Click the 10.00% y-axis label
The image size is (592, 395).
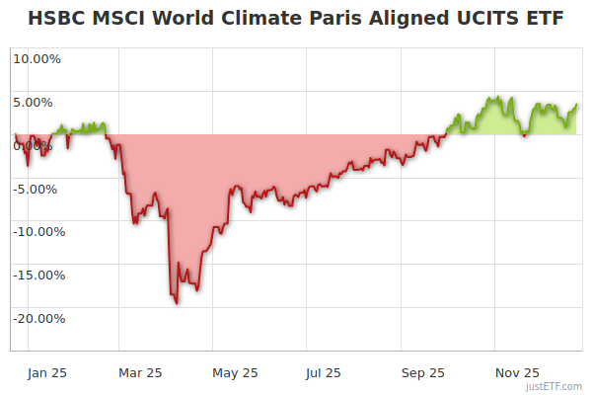click(37, 58)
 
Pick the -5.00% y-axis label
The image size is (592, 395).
click(38, 189)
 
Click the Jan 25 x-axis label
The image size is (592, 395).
click(47, 372)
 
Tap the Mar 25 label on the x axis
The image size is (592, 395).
click(139, 372)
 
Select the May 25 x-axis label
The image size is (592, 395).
click(235, 372)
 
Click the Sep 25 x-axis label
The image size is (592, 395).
click(423, 372)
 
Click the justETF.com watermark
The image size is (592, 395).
click(554, 386)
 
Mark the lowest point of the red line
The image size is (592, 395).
click(177, 302)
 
